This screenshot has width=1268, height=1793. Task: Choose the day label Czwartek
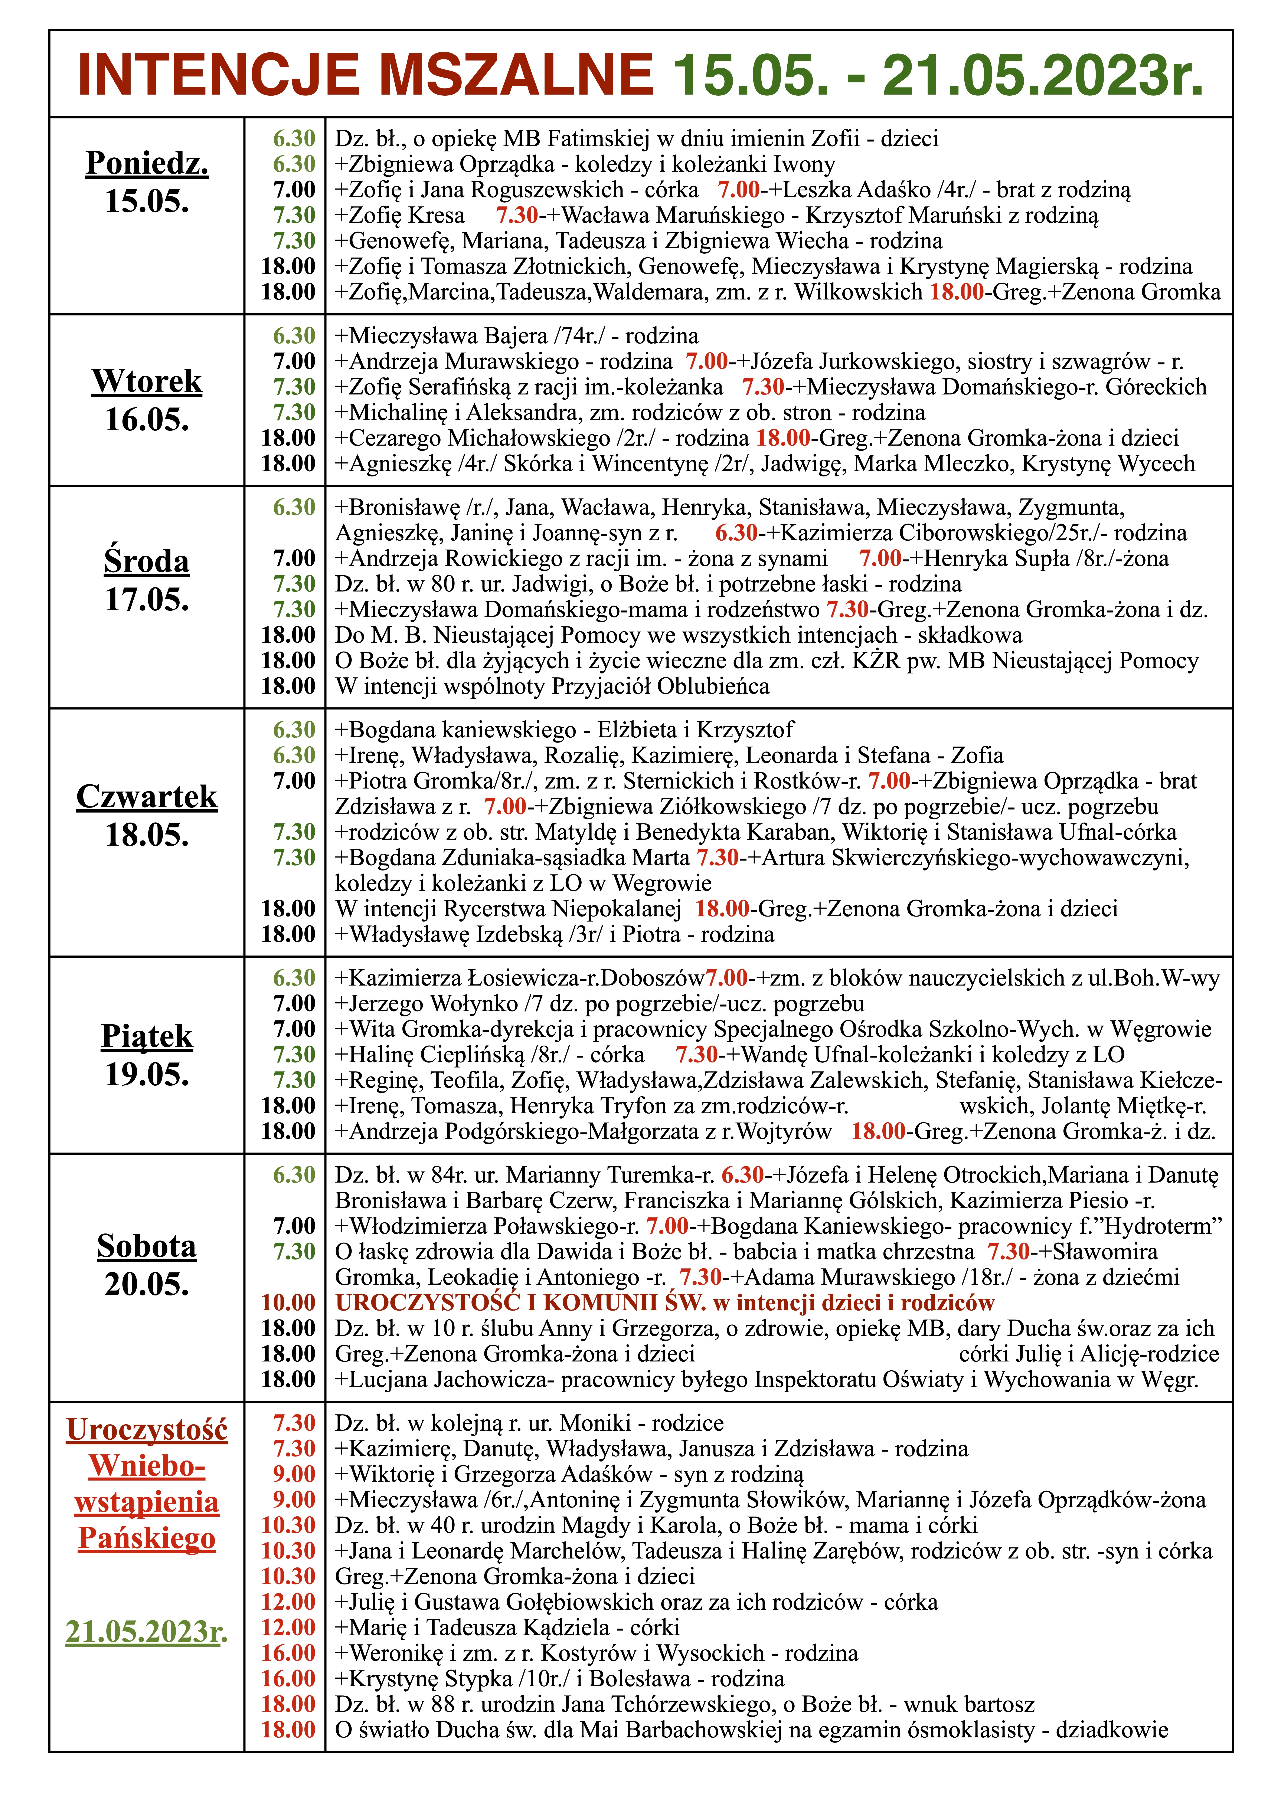click(x=147, y=797)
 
